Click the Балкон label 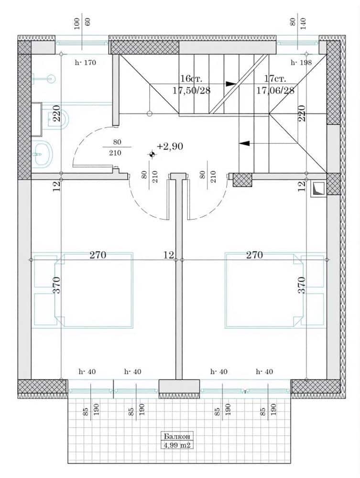click(x=177, y=436)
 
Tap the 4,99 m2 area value click(x=177, y=445)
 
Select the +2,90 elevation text click(x=170, y=147)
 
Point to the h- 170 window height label click(x=86, y=63)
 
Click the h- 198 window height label click(x=301, y=63)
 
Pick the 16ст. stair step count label click(x=191, y=79)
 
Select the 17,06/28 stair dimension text click(x=275, y=90)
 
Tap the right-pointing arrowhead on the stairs click(x=231, y=84)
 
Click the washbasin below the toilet click(x=43, y=154)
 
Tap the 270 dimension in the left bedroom click(x=98, y=255)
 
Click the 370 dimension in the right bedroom click(x=301, y=285)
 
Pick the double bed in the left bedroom click(x=94, y=290)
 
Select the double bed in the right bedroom click(x=264, y=290)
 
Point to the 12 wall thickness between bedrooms click(x=168, y=255)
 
